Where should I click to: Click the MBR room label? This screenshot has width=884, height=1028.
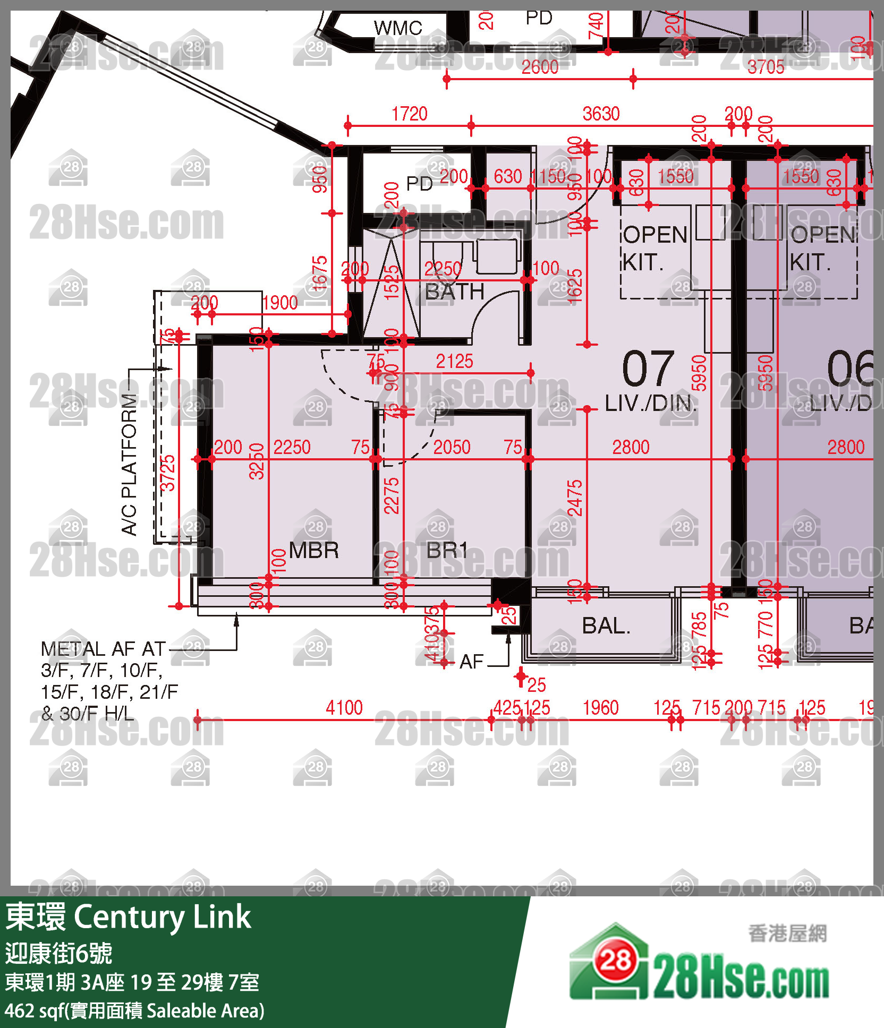(x=314, y=551)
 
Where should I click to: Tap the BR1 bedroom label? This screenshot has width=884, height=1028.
(x=447, y=551)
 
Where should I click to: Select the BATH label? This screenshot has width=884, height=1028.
(x=455, y=292)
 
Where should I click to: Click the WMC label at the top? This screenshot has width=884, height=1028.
(x=398, y=28)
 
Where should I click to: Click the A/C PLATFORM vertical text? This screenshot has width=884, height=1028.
(x=130, y=464)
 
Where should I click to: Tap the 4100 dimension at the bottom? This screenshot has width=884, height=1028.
(x=344, y=707)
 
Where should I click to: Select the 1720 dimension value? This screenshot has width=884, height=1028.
(x=409, y=114)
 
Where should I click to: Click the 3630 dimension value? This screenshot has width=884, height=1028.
(x=601, y=114)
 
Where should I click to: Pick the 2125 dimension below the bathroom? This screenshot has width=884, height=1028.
(x=454, y=362)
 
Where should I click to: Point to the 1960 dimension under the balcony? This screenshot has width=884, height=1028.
(x=600, y=707)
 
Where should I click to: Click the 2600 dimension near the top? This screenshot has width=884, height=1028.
(x=540, y=67)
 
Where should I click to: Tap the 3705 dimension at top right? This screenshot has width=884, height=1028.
(x=766, y=67)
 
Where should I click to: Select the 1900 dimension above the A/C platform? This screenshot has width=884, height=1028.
(x=280, y=303)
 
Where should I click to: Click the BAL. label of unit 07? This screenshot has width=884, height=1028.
(x=606, y=626)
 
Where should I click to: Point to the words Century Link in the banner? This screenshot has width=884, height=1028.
(x=162, y=917)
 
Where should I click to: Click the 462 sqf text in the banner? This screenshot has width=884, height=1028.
(x=34, y=1010)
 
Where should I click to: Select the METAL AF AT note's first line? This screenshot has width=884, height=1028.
(x=104, y=649)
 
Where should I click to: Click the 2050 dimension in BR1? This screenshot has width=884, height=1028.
(x=452, y=447)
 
